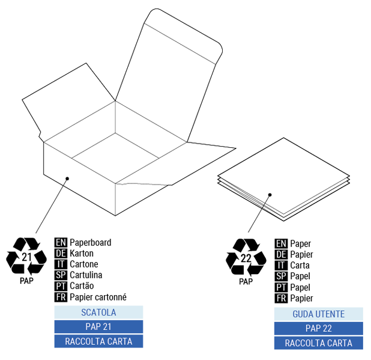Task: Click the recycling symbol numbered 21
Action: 26,257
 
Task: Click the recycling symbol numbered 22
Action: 246,258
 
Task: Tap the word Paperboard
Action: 90,243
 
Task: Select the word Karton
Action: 82,254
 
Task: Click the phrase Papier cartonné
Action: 98,297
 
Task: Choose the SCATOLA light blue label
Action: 98,313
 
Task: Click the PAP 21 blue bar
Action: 98,327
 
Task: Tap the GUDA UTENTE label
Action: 318,314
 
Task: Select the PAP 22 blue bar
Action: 318,329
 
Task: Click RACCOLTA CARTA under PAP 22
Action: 318,344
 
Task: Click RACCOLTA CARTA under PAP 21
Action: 98,341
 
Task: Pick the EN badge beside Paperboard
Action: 61,243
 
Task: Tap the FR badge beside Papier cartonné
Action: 61,297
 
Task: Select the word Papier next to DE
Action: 301,255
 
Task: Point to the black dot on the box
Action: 68,178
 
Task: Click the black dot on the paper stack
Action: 270,195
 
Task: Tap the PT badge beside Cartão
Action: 61,286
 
